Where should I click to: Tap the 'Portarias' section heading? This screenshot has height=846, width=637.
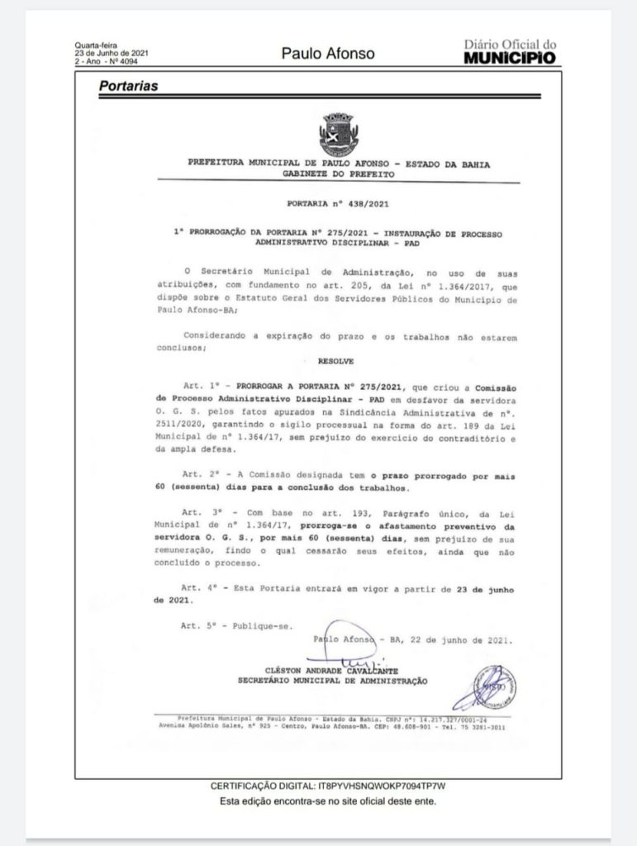coord(128,85)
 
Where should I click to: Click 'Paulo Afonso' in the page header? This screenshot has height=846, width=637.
coord(328,54)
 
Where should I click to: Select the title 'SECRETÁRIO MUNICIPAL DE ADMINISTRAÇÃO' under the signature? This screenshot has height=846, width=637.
coord(332,681)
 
